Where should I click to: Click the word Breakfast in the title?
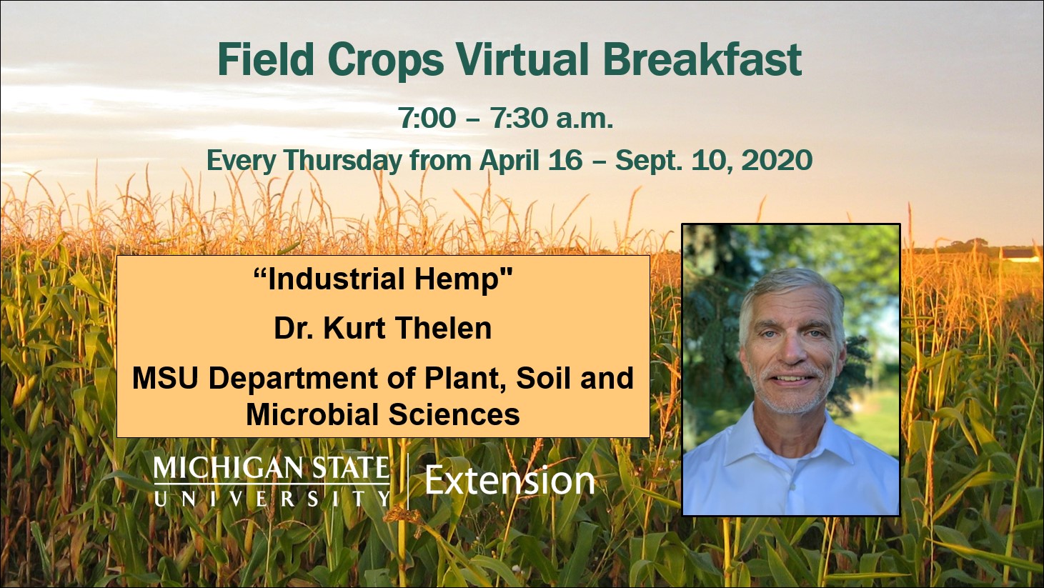[x=702, y=59]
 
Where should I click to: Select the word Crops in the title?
[x=385, y=61]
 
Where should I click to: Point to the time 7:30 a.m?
[x=552, y=118]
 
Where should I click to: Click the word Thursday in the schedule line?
[x=343, y=161]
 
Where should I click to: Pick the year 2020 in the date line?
[x=777, y=160]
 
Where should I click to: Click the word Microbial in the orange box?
[x=313, y=414]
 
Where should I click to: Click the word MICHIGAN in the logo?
[x=228, y=467]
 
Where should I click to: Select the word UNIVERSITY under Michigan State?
[x=272, y=499]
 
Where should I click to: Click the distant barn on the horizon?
[x=1019, y=254]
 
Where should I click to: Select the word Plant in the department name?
[x=466, y=378]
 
